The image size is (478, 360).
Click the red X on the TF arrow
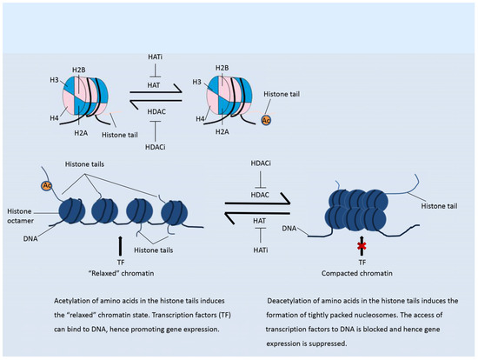(362, 245)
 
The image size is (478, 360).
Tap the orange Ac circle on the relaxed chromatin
(47, 185)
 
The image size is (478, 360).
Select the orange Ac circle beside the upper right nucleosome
(266, 120)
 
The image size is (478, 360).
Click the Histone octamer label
(20, 216)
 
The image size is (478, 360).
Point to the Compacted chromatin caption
(356, 273)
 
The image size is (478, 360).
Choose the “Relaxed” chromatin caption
(121, 273)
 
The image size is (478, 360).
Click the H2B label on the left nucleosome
(79, 70)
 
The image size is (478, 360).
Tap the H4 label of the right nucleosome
(200, 118)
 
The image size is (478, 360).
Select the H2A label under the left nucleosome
(81, 133)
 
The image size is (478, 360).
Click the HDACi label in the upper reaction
(156, 147)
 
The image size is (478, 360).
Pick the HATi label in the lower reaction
(261, 250)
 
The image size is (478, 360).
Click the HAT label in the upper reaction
(154, 85)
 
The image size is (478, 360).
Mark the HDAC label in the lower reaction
(260, 195)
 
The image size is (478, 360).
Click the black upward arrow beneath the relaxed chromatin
(120, 245)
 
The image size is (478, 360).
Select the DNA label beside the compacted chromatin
(289, 228)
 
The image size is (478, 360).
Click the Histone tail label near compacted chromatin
(439, 206)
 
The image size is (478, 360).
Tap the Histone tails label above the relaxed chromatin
(84, 164)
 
